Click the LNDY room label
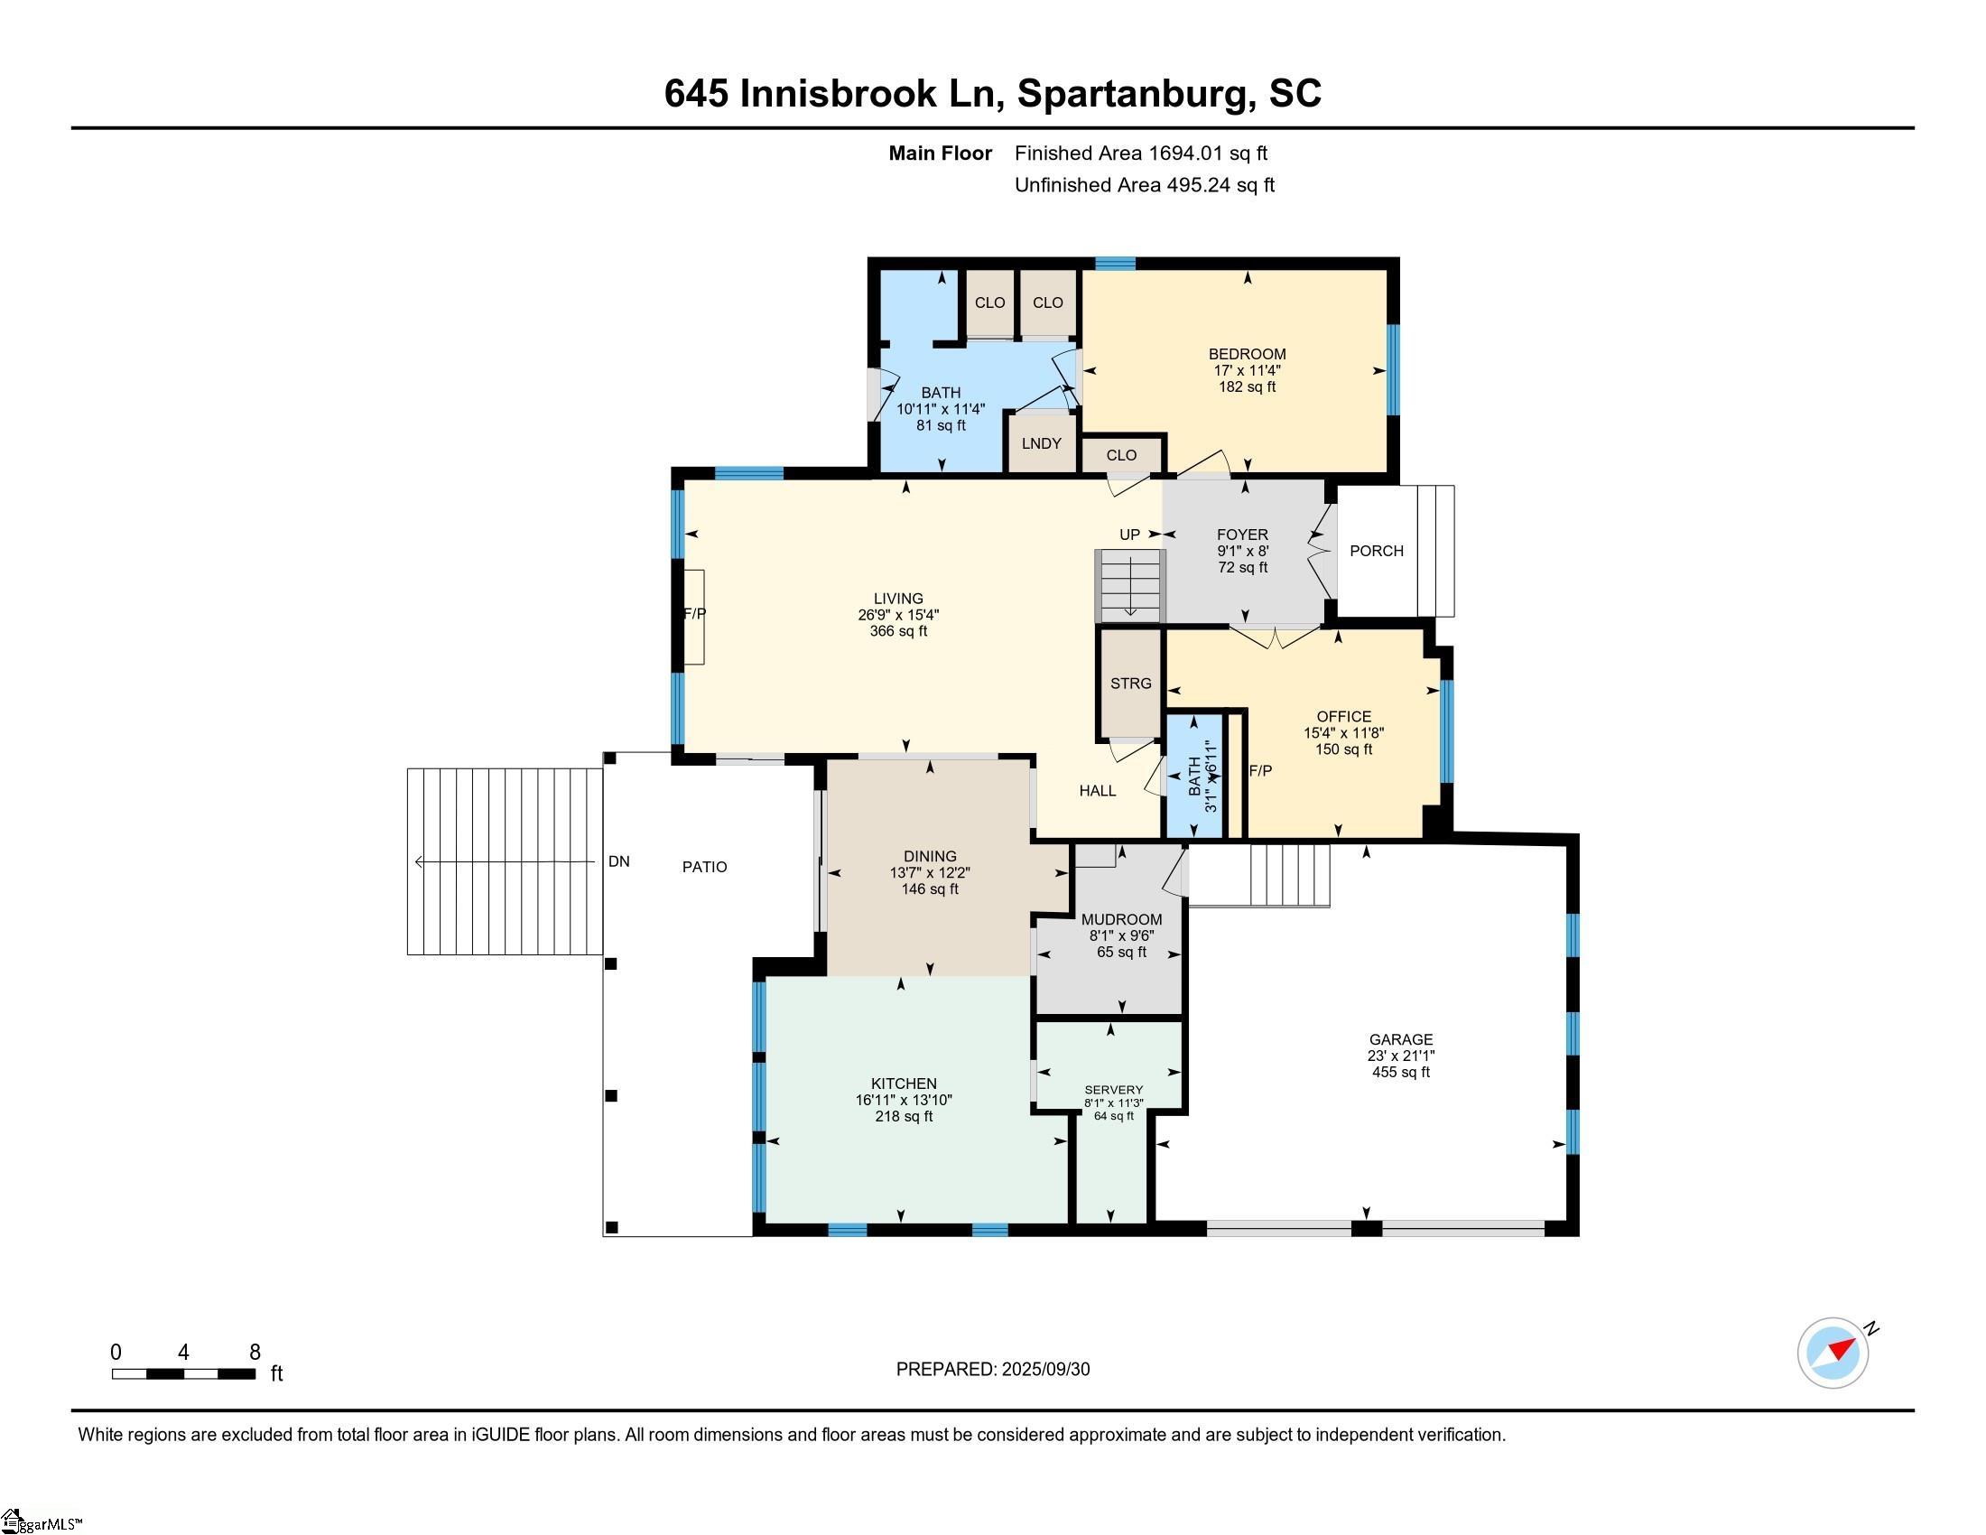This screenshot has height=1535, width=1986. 1041,443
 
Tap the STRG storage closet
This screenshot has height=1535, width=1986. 1130,683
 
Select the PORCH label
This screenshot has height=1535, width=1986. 1376,551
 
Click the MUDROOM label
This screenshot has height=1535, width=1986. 1121,919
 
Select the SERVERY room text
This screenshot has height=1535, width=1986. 1113,1090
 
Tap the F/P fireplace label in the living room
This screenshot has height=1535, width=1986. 695,614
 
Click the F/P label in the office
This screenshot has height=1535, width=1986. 1260,771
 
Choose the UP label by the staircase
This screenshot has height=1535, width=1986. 1129,535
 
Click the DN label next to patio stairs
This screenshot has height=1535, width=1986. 619,861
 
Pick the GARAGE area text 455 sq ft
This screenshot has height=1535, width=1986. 1400,1072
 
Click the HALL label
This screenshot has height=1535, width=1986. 1098,791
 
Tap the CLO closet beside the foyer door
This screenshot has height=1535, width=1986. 1121,456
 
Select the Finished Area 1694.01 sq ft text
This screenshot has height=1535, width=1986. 1140,153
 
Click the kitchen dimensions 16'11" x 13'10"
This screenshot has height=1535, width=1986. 903,1101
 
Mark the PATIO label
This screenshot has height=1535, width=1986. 705,868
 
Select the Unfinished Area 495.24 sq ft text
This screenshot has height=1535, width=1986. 1144,185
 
